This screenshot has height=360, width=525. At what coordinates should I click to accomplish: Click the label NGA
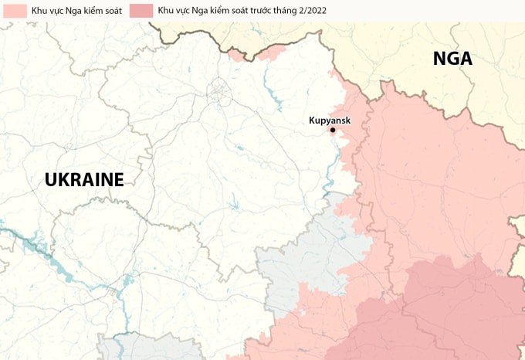click(x=452, y=59)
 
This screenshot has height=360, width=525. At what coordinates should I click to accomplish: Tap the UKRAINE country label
click(x=84, y=180)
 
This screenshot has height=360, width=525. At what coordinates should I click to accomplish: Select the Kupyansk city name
click(x=330, y=120)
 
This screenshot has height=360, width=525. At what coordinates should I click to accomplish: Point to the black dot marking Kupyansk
click(x=333, y=130)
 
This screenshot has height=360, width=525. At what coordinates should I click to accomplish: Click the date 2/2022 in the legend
click(x=300, y=11)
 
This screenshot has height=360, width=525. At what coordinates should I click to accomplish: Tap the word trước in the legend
click(x=240, y=11)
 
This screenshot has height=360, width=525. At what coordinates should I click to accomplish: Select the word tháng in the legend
click(x=267, y=11)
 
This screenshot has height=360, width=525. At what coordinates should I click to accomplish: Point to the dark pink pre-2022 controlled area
click(x=456, y=309)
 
